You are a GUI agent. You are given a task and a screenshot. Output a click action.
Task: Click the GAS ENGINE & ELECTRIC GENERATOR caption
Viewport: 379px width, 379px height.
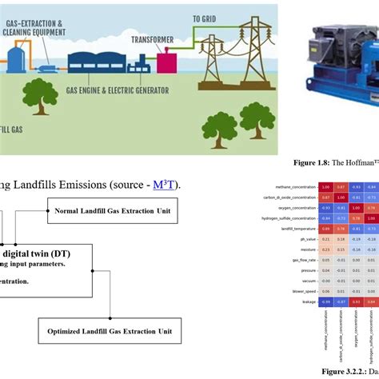[118, 91]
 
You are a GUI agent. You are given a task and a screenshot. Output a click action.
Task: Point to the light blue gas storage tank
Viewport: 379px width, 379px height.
[16, 55]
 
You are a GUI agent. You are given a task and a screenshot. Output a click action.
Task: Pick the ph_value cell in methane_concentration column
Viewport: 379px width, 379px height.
[303, 238]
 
